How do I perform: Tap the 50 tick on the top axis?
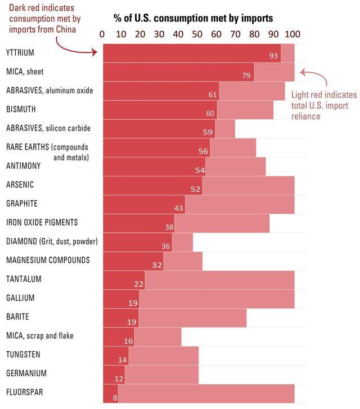pos(197,34)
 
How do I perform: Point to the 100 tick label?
pos(292,34)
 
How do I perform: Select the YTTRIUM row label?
pos(20,53)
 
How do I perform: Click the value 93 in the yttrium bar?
pos(274,56)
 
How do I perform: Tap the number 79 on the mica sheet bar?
pos(246,75)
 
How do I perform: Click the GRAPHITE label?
pos(22,204)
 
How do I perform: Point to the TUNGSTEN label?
pos(23,354)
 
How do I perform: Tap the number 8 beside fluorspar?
pos(114,397)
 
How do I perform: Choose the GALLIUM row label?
pos(20,298)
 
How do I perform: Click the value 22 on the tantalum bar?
pos(138,284)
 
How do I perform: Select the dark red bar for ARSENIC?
pos(152,185)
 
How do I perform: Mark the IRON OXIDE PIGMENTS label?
pos(42,223)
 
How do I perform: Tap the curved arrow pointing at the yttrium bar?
pos(84,48)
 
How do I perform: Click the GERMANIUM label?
pos(26,373)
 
